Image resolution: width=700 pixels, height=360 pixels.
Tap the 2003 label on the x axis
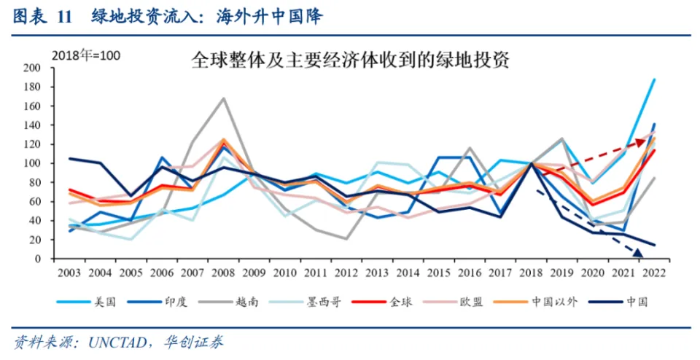70,272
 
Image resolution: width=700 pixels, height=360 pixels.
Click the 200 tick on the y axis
31,68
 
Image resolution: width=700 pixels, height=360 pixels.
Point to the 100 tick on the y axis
31,163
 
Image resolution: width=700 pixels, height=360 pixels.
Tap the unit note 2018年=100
85,56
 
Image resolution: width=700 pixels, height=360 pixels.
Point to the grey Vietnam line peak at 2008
224,98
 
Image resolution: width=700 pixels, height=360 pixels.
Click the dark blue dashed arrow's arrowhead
638,253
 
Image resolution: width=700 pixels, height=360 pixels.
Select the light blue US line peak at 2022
654,79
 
